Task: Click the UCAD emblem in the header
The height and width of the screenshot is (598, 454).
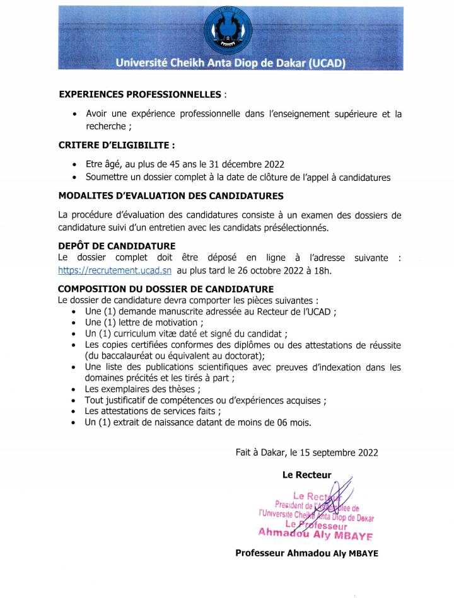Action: pyautogui.click(x=227, y=30)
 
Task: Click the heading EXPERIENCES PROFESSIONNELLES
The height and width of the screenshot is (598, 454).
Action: pyautogui.click(x=139, y=94)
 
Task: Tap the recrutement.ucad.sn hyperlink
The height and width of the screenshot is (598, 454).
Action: pyautogui.click(x=115, y=270)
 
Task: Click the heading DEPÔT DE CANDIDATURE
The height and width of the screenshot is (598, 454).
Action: pyautogui.click(x=117, y=245)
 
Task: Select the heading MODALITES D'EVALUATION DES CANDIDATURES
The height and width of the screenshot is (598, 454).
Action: pyautogui.click(x=171, y=196)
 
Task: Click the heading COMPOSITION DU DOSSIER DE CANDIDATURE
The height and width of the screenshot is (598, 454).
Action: pyautogui.click(x=157, y=289)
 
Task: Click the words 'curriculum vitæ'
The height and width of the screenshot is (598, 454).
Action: pyautogui.click(x=144, y=334)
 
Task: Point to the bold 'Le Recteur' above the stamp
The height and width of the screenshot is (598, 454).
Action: pyautogui.click(x=306, y=475)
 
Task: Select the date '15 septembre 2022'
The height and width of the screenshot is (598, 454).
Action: pyautogui.click(x=339, y=452)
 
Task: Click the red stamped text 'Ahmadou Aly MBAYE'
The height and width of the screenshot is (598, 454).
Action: pyautogui.click(x=315, y=534)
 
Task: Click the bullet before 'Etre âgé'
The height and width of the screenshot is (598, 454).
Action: pyautogui.click(x=76, y=164)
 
